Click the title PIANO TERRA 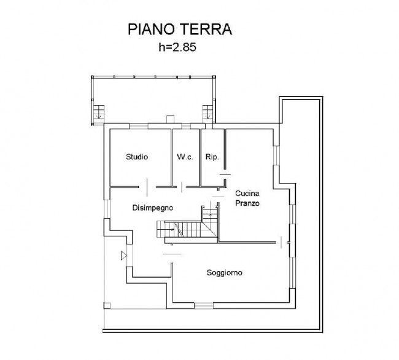[180, 29]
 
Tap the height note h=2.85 [177, 47]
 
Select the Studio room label [137, 157]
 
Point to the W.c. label [185, 157]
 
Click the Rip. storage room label [212, 157]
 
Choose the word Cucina [247, 194]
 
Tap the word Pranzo [247, 203]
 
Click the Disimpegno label [153, 208]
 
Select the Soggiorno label [224, 273]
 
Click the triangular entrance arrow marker [123, 256]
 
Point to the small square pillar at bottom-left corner [107, 305]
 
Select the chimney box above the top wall [170, 119]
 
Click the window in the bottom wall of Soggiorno [204, 305]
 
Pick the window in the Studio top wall [139, 126]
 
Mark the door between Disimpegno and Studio [147, 187]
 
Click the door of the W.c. [182, 187]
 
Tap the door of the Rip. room [225, 174]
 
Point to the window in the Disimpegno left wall [107, 209]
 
